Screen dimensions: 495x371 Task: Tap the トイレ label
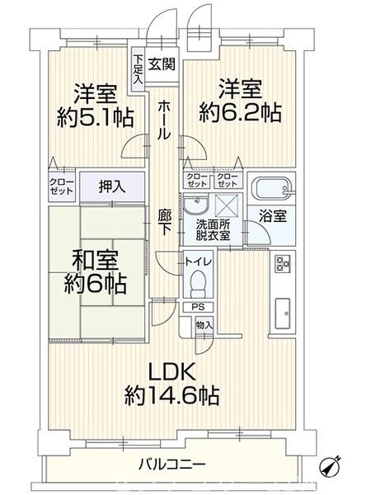click(x=198, y=262)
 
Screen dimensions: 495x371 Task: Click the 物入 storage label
click(x=204, y=325)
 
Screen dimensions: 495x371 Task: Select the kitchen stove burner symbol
click(x=283, y=264)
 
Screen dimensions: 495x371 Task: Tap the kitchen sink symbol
click(x=283, y=312)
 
